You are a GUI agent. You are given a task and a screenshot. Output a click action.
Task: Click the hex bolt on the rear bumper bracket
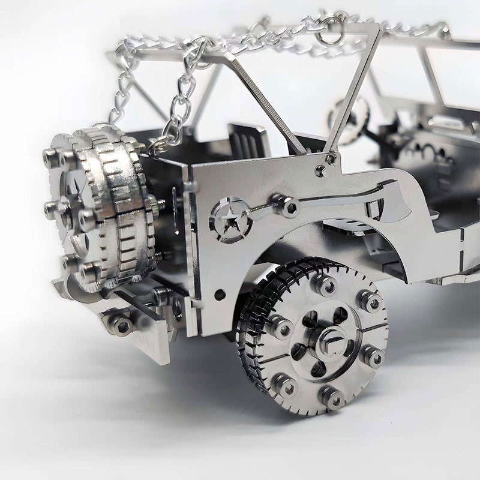(x=122, y=325)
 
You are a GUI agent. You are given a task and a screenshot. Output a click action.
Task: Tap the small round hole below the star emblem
(x=220, y=295)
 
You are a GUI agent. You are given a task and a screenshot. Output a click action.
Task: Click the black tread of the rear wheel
(x=252, y=336)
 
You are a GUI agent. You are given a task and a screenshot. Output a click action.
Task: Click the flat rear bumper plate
(x=144, y=342)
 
